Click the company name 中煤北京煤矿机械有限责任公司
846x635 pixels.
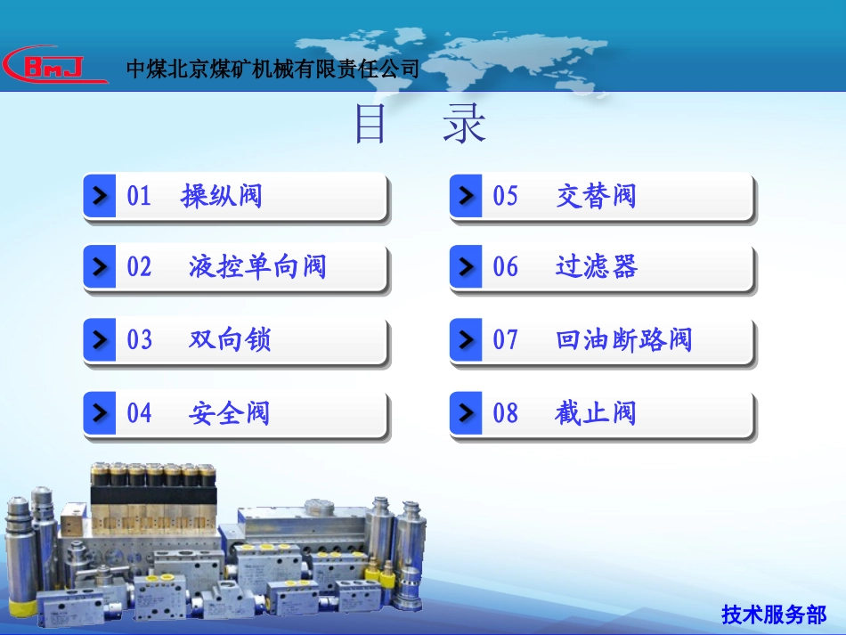pos(273,69)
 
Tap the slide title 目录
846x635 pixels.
pos(420,126)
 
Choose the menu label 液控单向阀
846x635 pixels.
pos(257,266)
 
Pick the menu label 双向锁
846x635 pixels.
pos(230,339)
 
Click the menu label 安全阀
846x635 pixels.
pos(229,413)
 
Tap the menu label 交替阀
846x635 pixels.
pos(596,196)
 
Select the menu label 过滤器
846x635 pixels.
pos(596,266)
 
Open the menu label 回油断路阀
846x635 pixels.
pos(623,339)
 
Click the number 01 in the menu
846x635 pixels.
pos(140,196)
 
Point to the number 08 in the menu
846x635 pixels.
pos(506,413)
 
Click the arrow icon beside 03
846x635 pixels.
pos(100,339)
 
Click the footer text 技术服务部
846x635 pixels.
pos(774,614)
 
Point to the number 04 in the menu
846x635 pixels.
pos(140,413)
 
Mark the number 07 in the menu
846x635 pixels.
pos(506,339)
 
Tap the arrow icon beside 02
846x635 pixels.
pos(100,266)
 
